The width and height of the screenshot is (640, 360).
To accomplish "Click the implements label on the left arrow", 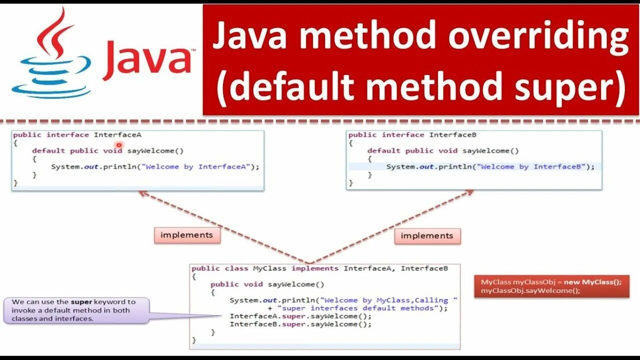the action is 186,235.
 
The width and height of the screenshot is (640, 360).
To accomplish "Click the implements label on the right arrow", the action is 426,235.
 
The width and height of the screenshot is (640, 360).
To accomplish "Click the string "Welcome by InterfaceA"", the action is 196,166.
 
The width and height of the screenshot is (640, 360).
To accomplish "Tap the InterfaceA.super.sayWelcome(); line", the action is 300,316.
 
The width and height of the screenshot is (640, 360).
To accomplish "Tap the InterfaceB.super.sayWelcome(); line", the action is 300,324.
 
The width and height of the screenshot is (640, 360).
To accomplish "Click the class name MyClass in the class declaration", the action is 270,268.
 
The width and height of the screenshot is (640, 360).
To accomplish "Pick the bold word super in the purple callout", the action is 81,302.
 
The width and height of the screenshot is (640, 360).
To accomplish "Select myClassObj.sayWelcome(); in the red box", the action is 530,290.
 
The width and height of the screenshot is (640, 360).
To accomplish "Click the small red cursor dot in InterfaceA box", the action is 119,145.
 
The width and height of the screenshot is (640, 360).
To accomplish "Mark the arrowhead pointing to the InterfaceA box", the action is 142,193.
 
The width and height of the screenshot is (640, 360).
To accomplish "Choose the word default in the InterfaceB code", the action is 383,150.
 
